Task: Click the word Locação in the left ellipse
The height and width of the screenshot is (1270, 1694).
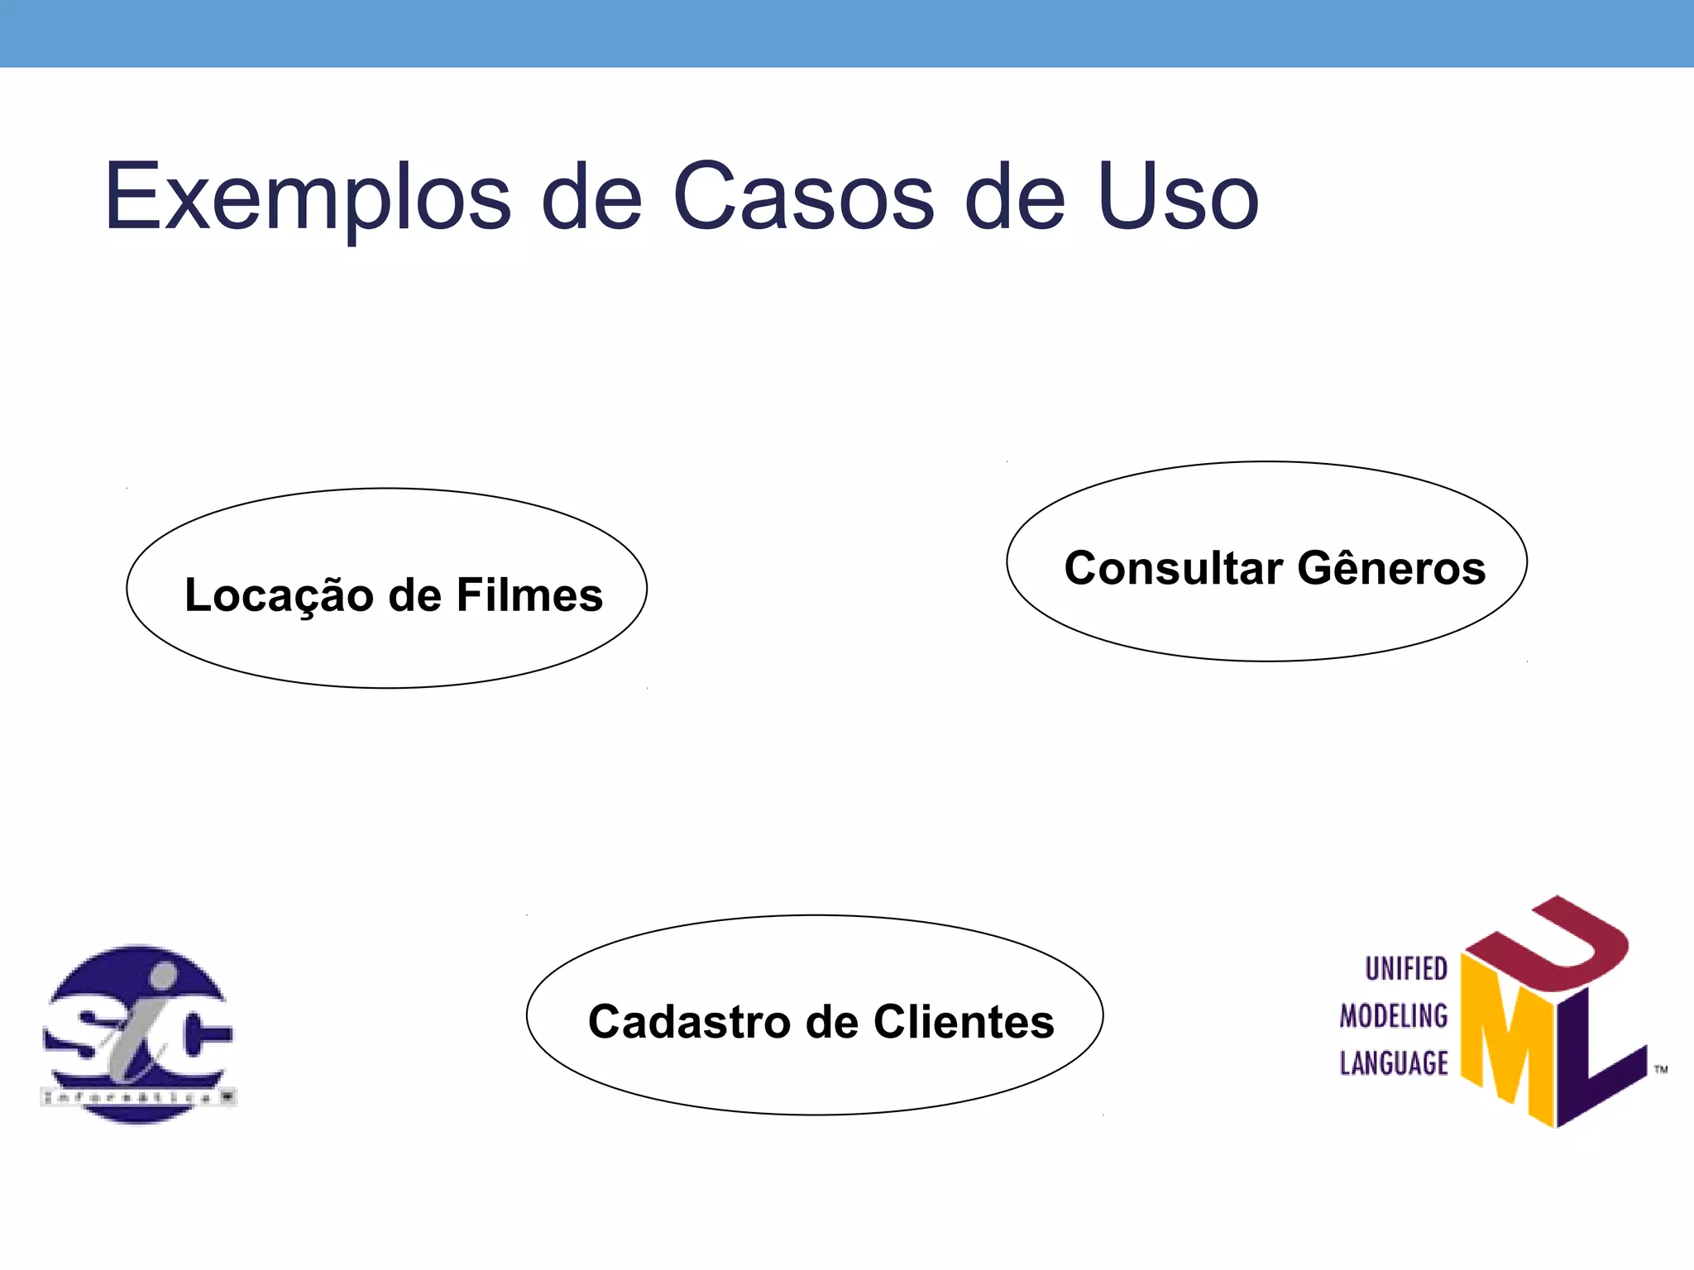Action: (279, 596)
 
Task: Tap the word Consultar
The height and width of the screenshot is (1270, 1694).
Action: (1174, 568)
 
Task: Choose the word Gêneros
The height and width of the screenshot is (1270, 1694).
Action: (1391, 568)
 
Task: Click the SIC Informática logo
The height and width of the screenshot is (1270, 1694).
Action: (138, 1034)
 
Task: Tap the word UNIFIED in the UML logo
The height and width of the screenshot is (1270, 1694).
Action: (1406, 968)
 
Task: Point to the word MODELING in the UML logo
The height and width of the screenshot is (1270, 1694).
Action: (1394, 1015)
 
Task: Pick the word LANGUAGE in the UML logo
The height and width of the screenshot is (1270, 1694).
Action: (1394, 1062)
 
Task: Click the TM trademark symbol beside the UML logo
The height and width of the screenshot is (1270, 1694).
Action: (1661, 1070)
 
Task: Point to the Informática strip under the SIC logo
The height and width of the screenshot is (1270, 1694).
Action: (138, 1097)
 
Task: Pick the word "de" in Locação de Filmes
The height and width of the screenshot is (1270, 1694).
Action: (414, 595)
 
